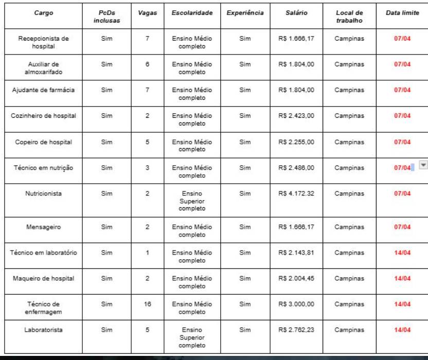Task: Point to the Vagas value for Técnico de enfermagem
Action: (x=147, y=304)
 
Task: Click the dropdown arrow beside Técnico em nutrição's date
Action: (x=423, y=166)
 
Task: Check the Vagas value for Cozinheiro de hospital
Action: (x=147, y=116)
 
